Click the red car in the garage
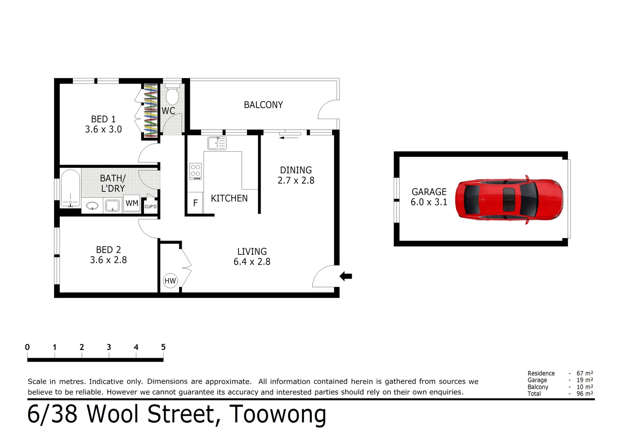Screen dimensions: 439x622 [x=509, y=200]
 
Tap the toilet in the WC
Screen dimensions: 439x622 [x=172, y=94]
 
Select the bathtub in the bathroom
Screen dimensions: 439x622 [x=70, y=188]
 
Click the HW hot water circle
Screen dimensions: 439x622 [x=170, y=281]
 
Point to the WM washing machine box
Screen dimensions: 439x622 [x=132, y=203]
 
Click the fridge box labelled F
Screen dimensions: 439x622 [x=195, y=203]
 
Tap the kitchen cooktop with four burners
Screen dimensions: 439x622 [x=195, y=171]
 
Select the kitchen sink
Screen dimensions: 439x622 [x=217, y=143]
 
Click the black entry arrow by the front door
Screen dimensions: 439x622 [x=346, y=276]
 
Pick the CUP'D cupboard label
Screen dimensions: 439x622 [x=151, y=207]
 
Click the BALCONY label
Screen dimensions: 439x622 [x=263, y=105]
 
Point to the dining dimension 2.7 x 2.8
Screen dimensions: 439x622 [x=296, y=180]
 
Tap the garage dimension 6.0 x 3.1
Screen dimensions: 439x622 [x=429, y=202]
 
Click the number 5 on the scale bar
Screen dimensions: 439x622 [x=163, y=347]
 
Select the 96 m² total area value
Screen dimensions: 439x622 [x=585, y=393]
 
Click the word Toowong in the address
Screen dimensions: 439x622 [x=278, y=414]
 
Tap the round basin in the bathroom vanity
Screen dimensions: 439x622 [x=92, y=206]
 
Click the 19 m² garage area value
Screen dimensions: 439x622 [x=585, y=380]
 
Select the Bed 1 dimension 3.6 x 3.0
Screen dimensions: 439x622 [x=103, y=129]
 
